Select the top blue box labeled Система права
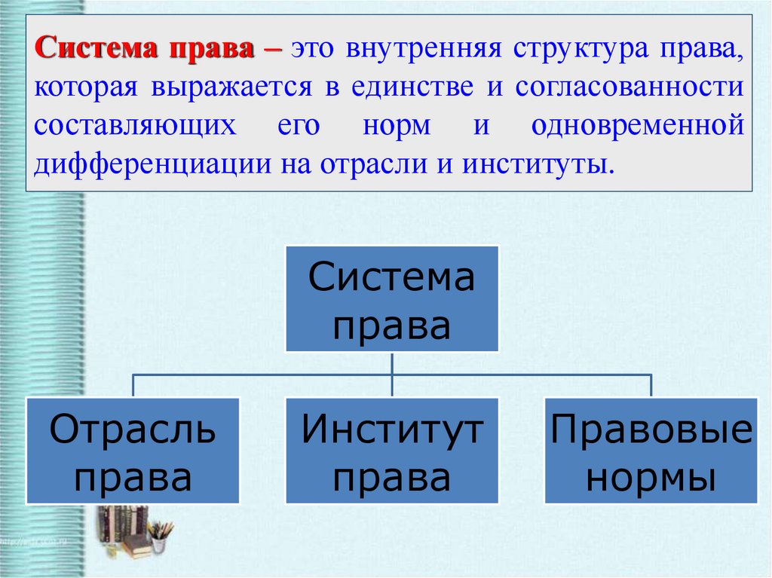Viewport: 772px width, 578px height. coord(392,298)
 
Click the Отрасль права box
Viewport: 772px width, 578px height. coord(133,451)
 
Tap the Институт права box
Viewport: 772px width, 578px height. coord(392,451)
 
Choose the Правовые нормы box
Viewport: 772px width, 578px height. coord(651,451)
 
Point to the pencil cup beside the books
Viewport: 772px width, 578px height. coord(160,538)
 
